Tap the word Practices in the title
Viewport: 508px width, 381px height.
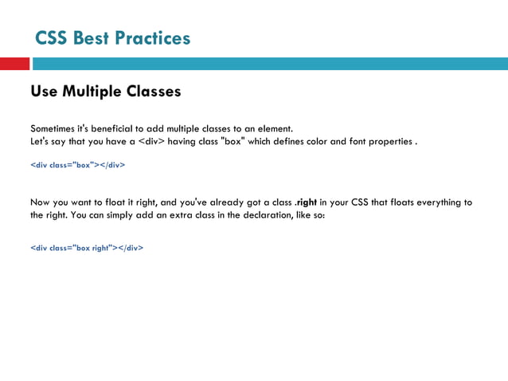(x=153, y=37)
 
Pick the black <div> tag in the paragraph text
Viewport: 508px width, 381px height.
(x=151, y=142)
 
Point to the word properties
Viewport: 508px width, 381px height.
(x=390, y=142)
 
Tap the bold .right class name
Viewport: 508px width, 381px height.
(x=304, y=202)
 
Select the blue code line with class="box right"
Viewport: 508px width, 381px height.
(x=87, y=248)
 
